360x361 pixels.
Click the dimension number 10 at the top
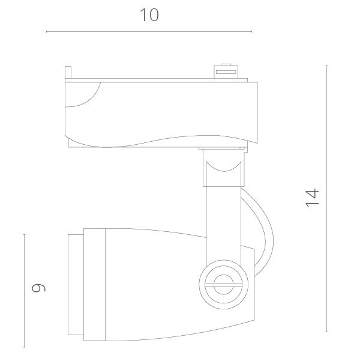(149, 15)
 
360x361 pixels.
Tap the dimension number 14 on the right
(312, 198)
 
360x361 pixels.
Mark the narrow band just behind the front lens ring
(87, 282)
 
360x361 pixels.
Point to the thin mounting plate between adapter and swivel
(223, 147)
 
